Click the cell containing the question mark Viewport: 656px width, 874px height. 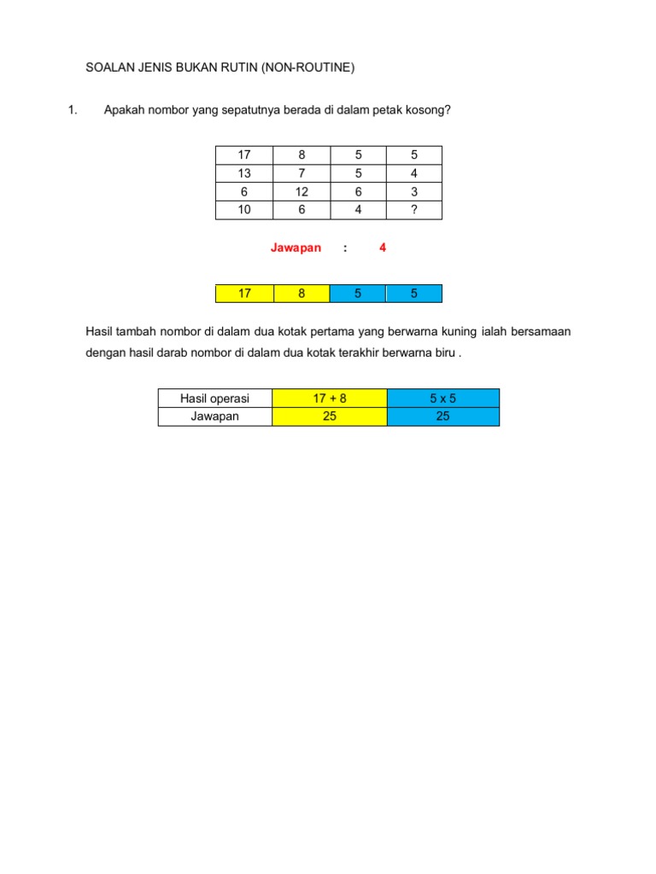[x=414, y=210]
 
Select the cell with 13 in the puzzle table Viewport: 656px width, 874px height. [x=244, y=173]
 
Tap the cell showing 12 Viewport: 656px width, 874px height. [x=302, y=192]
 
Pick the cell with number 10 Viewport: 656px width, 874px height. [x=244, y=210]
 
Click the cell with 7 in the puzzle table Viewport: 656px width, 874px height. [x=302, y=173]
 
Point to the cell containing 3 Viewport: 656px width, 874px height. [x=414, y=192]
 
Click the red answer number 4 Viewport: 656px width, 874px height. [x=383, y=248]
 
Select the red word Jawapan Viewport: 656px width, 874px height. [x=296, y=248]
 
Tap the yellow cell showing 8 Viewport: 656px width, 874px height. [x=302, y=294]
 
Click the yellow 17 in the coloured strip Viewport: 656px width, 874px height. [x=244, y=294]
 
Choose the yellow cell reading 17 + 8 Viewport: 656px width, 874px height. [x=329, y=399]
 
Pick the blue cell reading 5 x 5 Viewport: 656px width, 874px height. [x=442, y=399]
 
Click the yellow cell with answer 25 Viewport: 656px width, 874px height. [x=329, y=417]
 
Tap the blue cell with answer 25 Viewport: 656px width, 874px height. [x=442, y=417]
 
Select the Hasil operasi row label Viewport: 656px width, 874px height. [x=214, y=399]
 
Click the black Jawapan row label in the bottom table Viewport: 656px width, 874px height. [x=214, y=417]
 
